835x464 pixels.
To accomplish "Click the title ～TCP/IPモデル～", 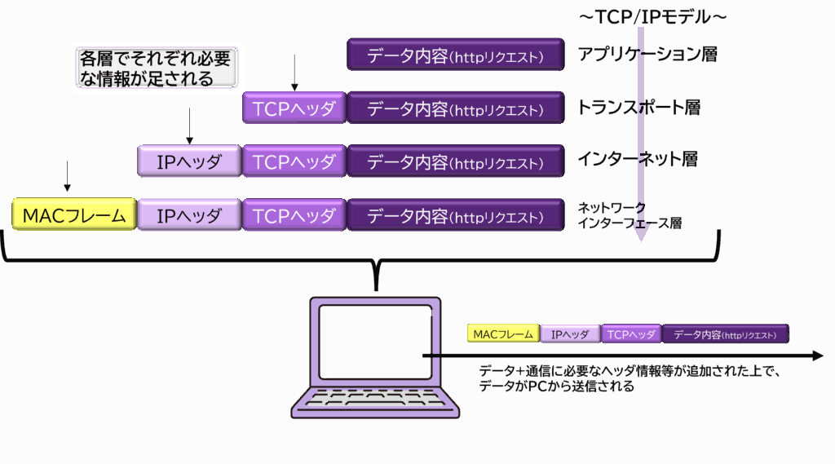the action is [653, 17].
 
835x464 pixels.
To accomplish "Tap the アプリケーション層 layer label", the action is [647, 54].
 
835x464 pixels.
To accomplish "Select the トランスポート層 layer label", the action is [639, 107].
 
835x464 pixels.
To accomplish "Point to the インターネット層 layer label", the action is [638, 159].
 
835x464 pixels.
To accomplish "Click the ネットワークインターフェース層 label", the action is [630, 215].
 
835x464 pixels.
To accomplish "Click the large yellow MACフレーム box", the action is [74, 214].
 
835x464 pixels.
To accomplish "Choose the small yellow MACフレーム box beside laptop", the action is [503, 334].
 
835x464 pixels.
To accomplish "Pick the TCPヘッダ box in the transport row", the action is [294, 108].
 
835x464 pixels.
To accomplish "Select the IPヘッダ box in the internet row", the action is [189, 161].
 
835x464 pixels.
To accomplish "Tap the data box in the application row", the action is [455, 55].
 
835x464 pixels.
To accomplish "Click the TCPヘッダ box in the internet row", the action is [294, 161].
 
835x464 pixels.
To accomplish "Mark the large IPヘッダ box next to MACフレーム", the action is [189, 214].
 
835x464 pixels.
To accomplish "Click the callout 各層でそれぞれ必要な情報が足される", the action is [156, 68].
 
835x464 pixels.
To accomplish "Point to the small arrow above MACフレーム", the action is [67, 176].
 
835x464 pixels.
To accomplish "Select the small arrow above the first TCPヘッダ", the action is [294, 73].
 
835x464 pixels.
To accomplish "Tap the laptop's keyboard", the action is [375, 400].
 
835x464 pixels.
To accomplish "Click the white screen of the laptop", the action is [375, 342].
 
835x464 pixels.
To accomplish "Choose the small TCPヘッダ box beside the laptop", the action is [631, 334].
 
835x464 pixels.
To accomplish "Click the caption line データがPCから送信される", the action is [556, 387].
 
